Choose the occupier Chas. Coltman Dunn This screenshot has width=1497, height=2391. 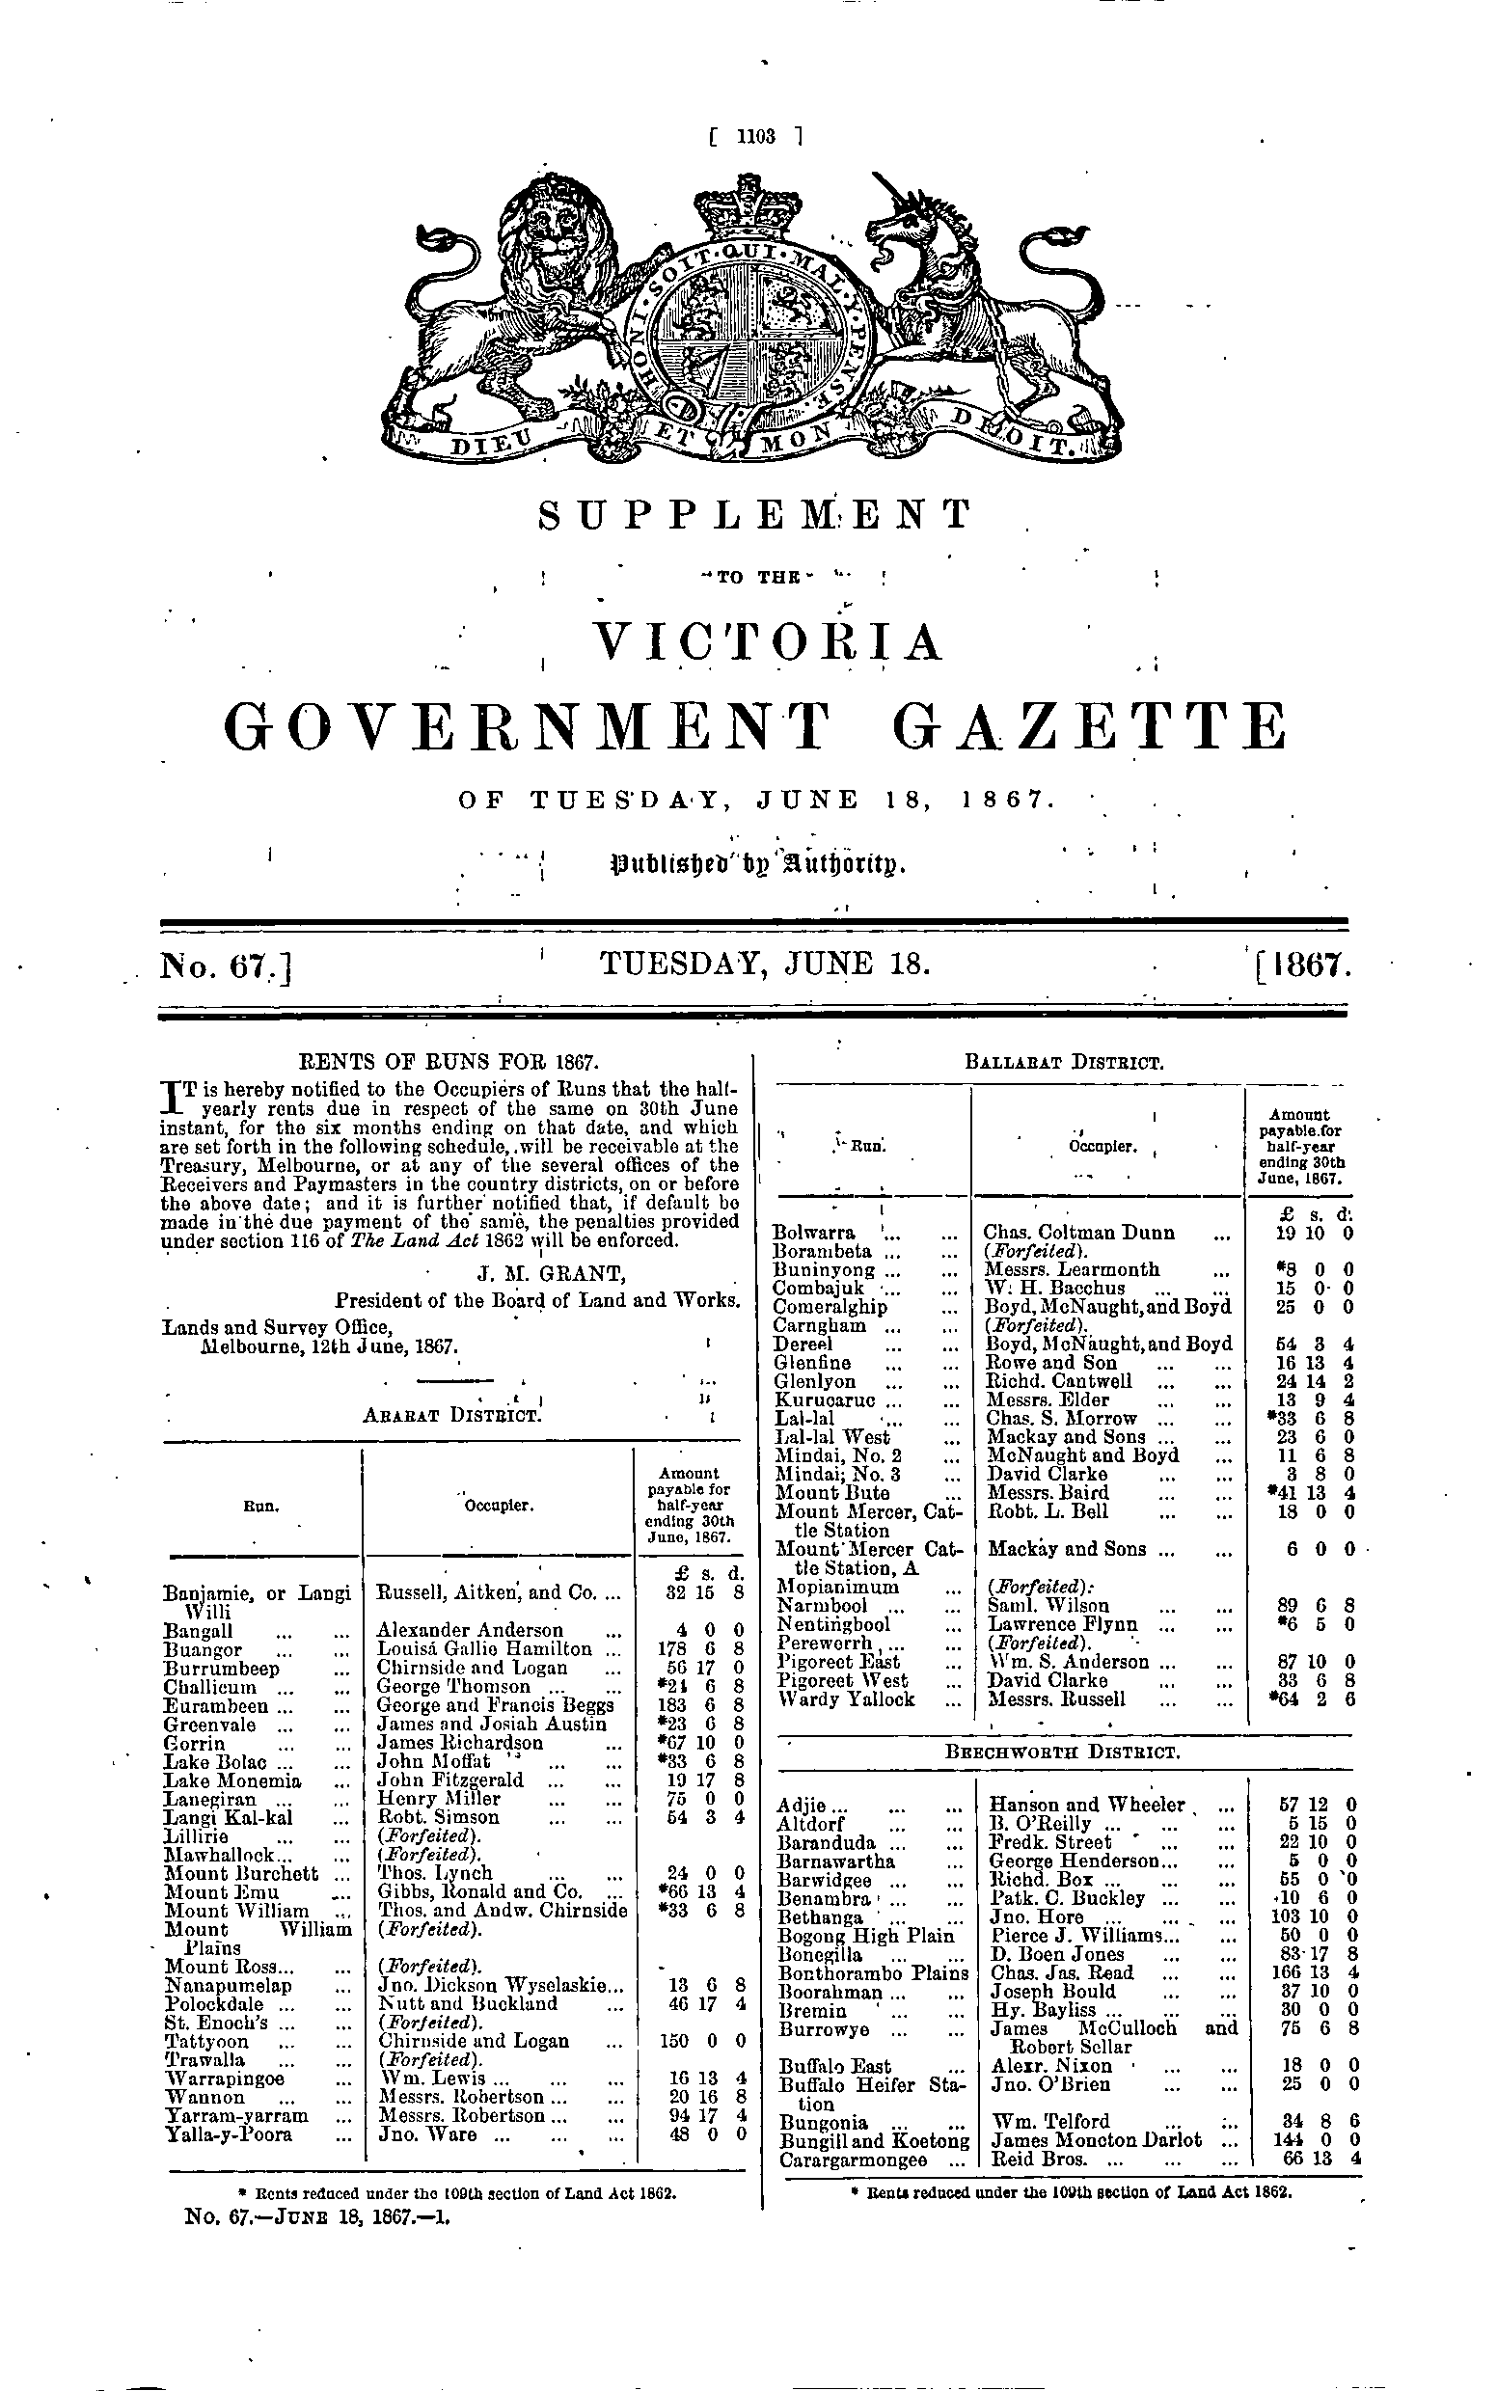click(x=1078, y=1233)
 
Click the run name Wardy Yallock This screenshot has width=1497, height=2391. click(x=845, y=1698)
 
